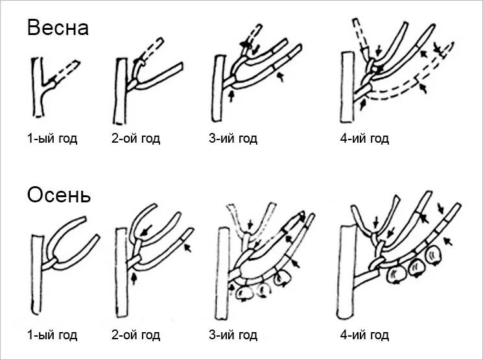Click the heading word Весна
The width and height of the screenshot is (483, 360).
[58, 29]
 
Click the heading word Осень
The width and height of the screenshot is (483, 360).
[59, 195]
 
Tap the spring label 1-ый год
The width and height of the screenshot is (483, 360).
[52, 139]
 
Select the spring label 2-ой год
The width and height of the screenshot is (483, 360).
[135, 139]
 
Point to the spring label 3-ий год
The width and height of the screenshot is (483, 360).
[233, 139]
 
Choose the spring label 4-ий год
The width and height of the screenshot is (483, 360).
[364, 139]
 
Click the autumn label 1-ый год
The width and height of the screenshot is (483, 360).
[52, 335]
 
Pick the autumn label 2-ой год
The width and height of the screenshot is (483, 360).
[135, 335]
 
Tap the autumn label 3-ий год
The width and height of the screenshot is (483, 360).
[233, 335]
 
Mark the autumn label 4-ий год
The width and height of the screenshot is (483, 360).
[364, 335]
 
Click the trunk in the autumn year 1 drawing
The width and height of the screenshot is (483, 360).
[37, 272]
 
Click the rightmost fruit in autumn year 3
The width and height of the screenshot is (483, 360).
[282, 278]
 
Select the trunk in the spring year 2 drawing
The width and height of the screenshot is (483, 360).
[121, 91]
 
